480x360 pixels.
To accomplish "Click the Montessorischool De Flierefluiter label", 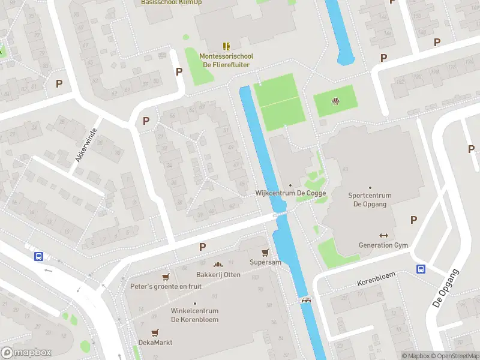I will (x=226, y=61).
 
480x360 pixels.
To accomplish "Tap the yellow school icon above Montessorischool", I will (x=226, y=46).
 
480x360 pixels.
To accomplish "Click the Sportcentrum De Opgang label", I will (x=370, y=200).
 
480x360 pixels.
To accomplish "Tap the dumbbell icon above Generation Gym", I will (x=383, y=235).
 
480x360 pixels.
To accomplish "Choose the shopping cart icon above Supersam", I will (x=265, y=253).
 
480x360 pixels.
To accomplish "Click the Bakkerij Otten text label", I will (x=218, y=275).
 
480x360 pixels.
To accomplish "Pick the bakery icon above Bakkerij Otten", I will (x=218, y=265).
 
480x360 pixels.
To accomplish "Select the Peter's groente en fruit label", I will (x=166, y=286).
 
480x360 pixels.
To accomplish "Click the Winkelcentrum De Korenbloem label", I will (x=194, y=315).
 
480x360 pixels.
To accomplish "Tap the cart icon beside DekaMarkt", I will (x=155, y=332).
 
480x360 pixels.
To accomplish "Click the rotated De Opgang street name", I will (x=445, y=289).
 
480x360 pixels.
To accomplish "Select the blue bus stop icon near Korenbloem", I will (x=421, y=269).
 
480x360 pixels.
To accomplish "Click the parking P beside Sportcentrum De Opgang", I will (x=413, y=220).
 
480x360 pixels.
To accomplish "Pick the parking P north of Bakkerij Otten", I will (x=202, y=247).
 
